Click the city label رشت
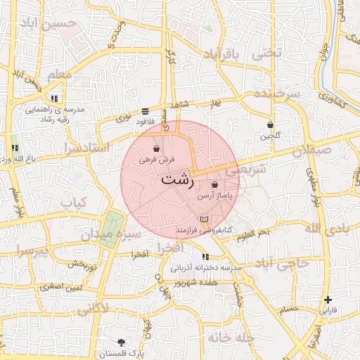click(x=177, y=179)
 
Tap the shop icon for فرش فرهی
click(x=155, y=149)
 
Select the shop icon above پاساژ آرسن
click(x=214, y=184)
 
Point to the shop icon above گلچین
click(x=270, y=124)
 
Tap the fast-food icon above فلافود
click(x=145, y=111)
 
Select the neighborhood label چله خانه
click(x=229, y=337)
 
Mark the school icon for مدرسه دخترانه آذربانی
click(x=205, y=257)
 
